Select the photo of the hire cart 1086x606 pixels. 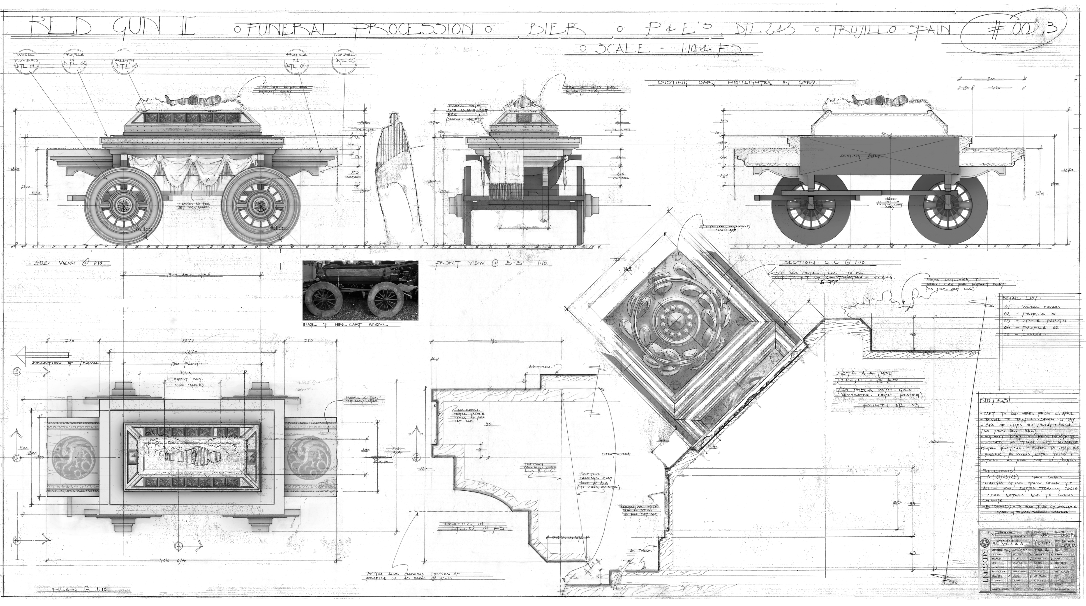click(361, 290)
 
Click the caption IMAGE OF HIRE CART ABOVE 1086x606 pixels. click(345, 325)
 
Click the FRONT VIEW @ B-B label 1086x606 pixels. click(491, 263)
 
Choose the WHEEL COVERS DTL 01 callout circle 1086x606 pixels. click(27, 63)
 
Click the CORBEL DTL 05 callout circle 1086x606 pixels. click(344, 62)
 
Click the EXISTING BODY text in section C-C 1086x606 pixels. click(856, 156)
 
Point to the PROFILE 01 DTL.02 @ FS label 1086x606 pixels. click(474, 526)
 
